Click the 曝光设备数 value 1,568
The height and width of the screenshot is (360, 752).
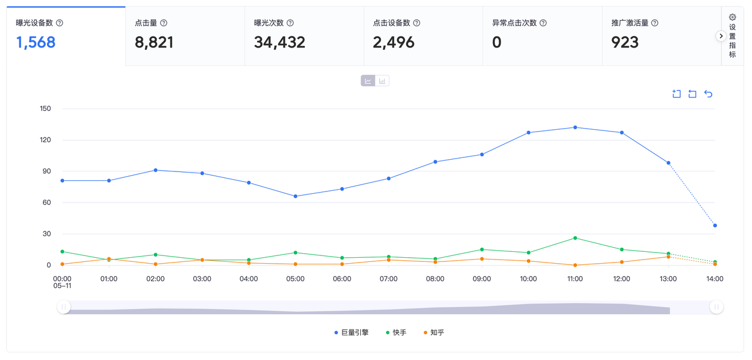(x=36, y=42)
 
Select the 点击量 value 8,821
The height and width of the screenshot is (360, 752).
(x=154, y=42)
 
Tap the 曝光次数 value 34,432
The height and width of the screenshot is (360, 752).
(x=280, y=42)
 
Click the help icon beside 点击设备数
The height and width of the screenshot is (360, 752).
(x=417, y=23)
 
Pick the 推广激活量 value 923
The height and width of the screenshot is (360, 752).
(x=625, y=42)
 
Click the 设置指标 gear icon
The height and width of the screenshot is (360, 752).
(x=732, y=18)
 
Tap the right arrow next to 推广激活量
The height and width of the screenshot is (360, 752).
(x=721, y=36)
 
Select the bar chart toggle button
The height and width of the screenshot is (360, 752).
(x=382, y=81)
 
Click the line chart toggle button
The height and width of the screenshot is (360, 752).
(x=368, y=81)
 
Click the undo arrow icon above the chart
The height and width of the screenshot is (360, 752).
(x=708, y=94)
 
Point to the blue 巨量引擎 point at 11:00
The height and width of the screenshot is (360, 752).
(x=575, y=127)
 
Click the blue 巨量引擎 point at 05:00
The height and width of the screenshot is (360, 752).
(x=296, y=196)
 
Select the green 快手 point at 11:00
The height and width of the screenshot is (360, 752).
(x=575, y=238)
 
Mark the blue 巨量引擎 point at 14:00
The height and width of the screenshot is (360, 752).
(x=715, y=226)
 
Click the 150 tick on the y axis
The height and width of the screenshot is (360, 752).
(x=45, y=109)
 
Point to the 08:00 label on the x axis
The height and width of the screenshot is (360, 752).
(x=435, y=279)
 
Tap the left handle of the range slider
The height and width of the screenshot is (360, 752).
(x=63, y=307)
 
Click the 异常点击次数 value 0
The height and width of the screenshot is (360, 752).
(x=496, y=42)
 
